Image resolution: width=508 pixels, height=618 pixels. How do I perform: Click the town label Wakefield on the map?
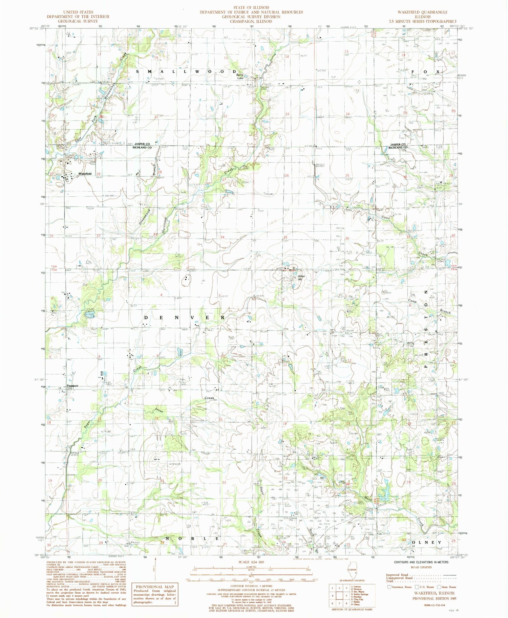[85, 174]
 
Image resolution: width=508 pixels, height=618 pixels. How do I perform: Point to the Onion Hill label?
[301, 278]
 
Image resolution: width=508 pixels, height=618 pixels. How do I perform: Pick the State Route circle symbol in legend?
[439, 587]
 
